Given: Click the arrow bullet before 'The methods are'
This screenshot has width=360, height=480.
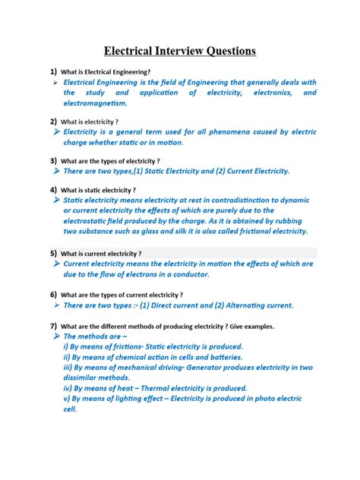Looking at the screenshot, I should click(x=55, y=335).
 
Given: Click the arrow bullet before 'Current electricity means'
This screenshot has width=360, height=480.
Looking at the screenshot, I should click(x=55, y=264).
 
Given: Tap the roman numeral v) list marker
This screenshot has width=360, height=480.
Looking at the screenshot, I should click(x=68, y=397).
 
